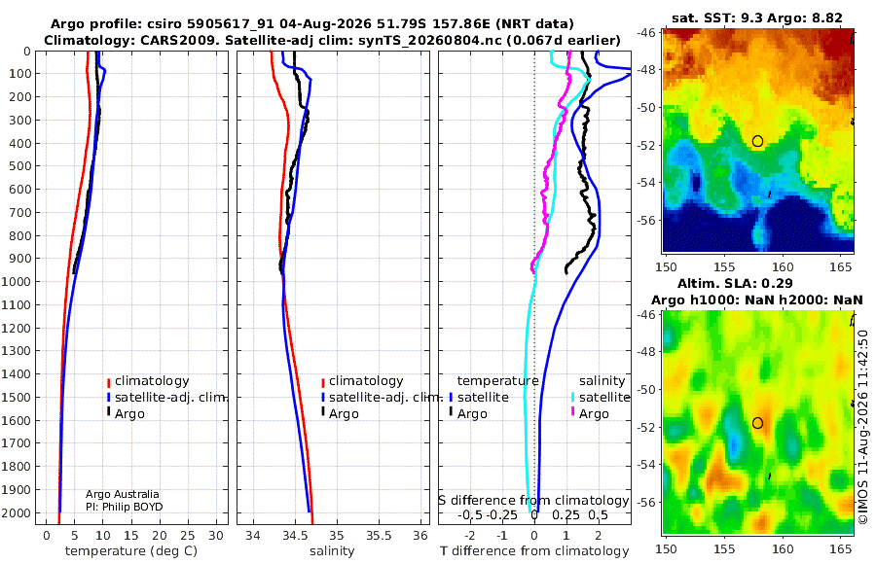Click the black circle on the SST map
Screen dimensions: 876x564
pyautogui.click(x=757, y=141)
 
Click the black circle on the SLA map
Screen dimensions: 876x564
pyautogui.click(x=757, y=423)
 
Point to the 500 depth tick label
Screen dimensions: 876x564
pyautogui.click(x=19, y=166)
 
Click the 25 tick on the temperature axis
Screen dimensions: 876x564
pyautogui.click(x=188, y=536)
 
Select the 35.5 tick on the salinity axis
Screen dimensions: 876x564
pyautogui.click(x=379, y=536)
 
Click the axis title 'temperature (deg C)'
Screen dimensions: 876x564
pyautogui.click(x=131, y=551)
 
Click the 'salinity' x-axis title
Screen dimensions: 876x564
pyautogui.click(x=332, y=551)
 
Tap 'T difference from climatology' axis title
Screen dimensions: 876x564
pyautogui.click(x=534, y=551)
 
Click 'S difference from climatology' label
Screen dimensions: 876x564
pyautogui.click(x=533, y=501)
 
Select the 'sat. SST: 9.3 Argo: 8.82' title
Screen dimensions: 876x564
pyautogui.click(x=757, y=18)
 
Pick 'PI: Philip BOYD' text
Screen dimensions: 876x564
pyautogui.click(x=124, y=507)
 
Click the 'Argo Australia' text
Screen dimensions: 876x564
pyautogui.click(x=123, y=494)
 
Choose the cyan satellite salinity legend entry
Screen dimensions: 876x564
pyautogui.click(x=600, y=397)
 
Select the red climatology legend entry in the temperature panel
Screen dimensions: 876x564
pyautogui.click(x=148, y=381)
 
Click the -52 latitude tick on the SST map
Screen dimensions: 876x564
pyautogui.click(x=647, y=145)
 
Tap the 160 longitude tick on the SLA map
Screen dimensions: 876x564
pyautogui.click(x=783, y=548)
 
